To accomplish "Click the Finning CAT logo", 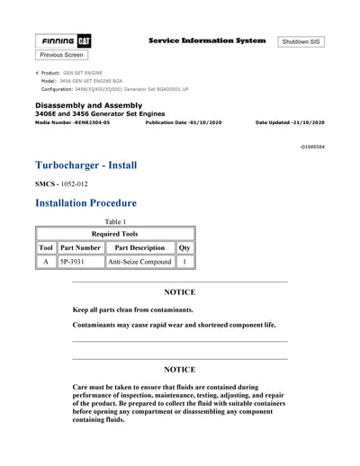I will click(63, 41).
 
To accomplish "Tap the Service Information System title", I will click(206, 40).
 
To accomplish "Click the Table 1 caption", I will click(115, 221).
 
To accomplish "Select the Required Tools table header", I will click(115, 232).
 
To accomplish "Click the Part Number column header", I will click(80, 247).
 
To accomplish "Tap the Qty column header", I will click(184, 247).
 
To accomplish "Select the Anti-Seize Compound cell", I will click(139, 262).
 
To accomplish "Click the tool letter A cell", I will click(46, 262).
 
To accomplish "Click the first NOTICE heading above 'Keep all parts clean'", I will click(179, 292).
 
